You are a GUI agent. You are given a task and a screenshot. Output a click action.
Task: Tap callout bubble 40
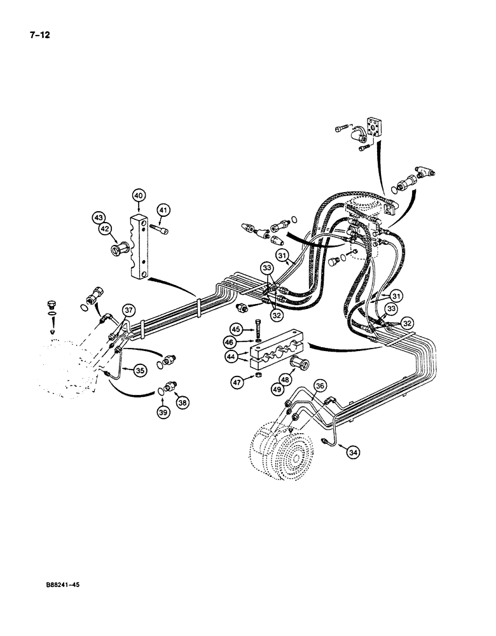[139, 195]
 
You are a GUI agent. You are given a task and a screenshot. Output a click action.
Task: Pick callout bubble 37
[129, 310]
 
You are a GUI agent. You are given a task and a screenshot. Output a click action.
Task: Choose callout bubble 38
[183, 403]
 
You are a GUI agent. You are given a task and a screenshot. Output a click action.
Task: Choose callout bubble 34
[352, 452]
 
